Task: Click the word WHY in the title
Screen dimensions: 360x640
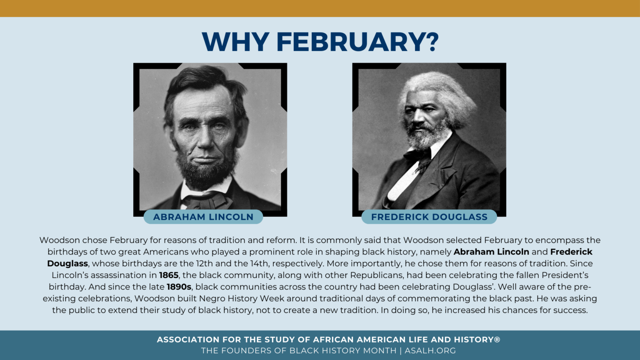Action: [235, 42]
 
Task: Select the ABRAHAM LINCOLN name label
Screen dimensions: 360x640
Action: [203, 217]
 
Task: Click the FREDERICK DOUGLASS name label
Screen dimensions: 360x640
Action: [429, 217]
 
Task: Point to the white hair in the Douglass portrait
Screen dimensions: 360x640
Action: [442, 92]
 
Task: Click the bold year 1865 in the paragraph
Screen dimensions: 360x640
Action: [169, 275]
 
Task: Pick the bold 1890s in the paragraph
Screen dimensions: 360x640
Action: [179, 287]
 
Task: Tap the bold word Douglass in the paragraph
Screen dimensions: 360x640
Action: [67, 263]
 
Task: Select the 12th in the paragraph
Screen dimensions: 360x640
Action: [203, 263]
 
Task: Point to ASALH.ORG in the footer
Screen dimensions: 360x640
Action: [430, 350]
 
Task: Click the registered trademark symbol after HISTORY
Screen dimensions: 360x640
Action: [497, 339]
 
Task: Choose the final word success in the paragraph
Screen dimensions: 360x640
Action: [570, 310]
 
